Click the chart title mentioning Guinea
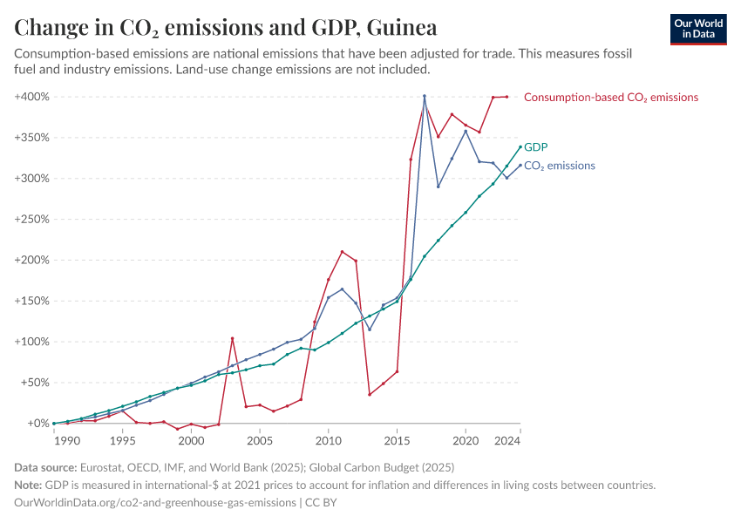[x=226, y=27]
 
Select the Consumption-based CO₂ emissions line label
[x=610, y=98]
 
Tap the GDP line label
[x=535, y=147]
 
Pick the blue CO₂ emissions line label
[x=559, y=166]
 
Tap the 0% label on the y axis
[x=36, y=424]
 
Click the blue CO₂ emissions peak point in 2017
[x=425, y=97]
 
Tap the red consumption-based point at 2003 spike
[x=232, y=338]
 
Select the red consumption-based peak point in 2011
[x=342, y=252]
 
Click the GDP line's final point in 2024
[x=520, y=146]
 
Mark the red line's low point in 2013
[x=370, y=395]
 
